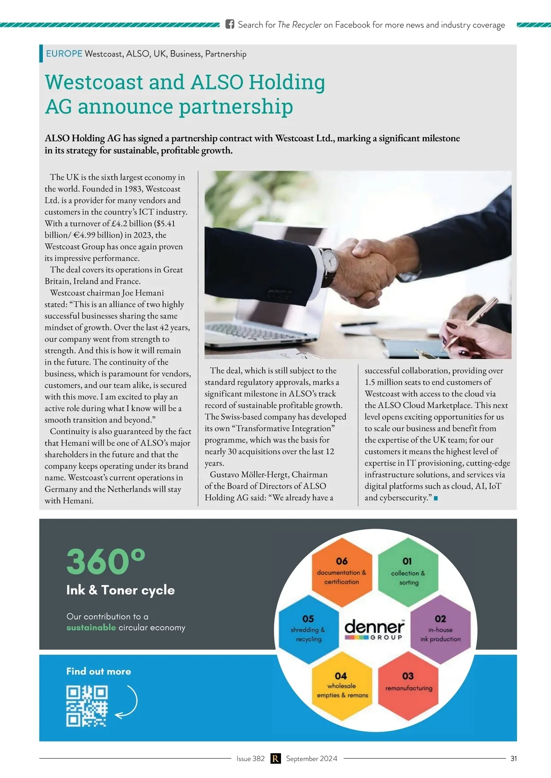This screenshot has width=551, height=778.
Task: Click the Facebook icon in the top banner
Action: pos(230,24)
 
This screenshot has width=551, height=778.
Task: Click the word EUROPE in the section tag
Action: pos(64,54)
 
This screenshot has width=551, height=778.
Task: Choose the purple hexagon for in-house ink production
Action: pos(440,629)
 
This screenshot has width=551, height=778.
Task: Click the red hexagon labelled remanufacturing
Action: pos(408,686)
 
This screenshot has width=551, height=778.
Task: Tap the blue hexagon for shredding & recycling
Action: pos(308,629)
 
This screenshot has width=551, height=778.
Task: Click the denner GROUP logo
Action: pos(374,629)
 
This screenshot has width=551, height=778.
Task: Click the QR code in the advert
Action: pos(87,706)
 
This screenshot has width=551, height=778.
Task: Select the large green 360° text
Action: pos(106,561)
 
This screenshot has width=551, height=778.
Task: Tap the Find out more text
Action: pos(99,671)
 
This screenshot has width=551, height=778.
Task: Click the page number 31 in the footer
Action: pos(513,758)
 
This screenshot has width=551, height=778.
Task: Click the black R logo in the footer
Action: pos(275,758)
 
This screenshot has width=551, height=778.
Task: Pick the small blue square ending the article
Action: pos(436,498)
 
